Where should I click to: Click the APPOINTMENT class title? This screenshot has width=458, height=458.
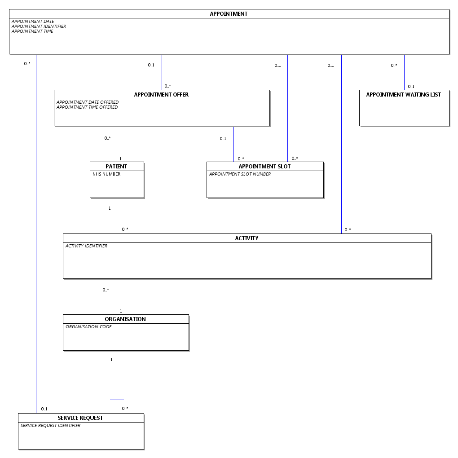tap(229, 14)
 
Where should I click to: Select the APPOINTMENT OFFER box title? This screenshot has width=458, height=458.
tap(161, 95)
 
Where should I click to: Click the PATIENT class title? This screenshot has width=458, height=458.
tap(116, 167)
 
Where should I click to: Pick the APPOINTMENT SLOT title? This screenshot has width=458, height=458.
tap(264, 167)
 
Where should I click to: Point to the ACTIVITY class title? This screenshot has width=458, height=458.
tap(247, 238)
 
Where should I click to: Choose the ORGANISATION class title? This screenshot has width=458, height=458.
tap(125, 319)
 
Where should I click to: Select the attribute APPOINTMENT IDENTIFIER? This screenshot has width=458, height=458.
tap(39, 26)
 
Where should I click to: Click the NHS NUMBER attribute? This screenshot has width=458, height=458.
tap(106, 174)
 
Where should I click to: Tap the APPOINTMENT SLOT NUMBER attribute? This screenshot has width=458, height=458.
tap(240, 174)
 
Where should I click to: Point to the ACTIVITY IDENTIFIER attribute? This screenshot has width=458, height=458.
tap(86, 246)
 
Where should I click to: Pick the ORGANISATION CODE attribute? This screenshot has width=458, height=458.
tap(88, 327)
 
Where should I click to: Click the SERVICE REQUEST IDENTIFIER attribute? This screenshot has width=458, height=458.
tap(50, 426)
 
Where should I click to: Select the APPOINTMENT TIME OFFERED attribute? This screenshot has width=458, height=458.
tap(87, 107)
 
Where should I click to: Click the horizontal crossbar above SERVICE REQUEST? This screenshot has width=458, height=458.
tap(117, 400)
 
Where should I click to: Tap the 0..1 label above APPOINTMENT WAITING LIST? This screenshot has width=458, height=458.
tap(411, 87)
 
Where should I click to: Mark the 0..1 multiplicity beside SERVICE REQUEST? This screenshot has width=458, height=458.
tap(44, 409)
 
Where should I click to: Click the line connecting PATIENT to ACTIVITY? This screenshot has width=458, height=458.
tap(117, 216)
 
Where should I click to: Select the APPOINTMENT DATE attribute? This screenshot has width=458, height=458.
tap(33, 22)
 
